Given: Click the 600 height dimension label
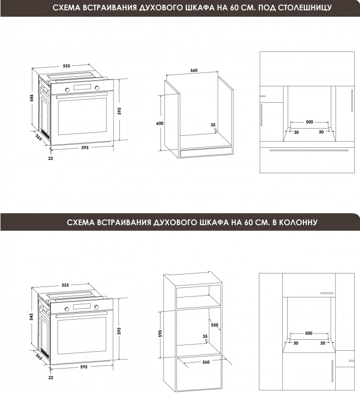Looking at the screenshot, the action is [x=160, y=123].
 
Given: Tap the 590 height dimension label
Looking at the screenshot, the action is [x=160, y=333].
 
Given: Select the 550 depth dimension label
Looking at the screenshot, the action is [x=215, y=325].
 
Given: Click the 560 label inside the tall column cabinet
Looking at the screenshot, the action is [x=206, y=362].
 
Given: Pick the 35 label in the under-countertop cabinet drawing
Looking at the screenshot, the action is [x=213, y=125].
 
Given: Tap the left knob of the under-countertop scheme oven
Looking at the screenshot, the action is [x=67, y=90].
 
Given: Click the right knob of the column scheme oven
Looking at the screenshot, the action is [x=96, y=307].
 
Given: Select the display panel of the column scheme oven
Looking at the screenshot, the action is [x=81, y=306].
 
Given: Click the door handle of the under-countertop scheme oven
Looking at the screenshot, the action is [x=81, y=95].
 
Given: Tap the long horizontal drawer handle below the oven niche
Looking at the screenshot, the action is [x=309, y=150].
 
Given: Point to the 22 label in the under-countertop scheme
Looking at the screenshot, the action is [x=50, y=158].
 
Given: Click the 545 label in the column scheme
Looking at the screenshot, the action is [x=31, y=317].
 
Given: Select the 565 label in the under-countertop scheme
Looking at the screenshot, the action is [x=39, y=137].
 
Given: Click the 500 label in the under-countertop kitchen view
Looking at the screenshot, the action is [x=310, y=122].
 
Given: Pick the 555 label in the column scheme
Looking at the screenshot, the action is [x=65, y=285].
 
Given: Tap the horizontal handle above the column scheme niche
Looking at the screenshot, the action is [x=327, y=293].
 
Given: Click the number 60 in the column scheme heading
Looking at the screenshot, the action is [x=246, y=222].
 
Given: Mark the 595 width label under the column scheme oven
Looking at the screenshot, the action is [x=83, y=367].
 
